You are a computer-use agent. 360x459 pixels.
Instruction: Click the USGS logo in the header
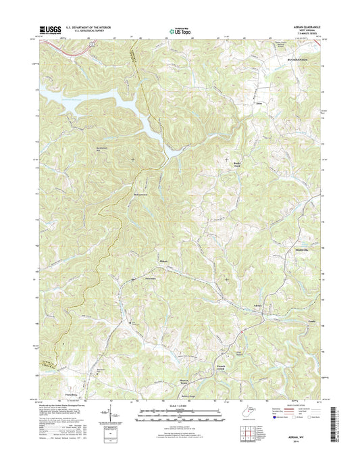(51, 29)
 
